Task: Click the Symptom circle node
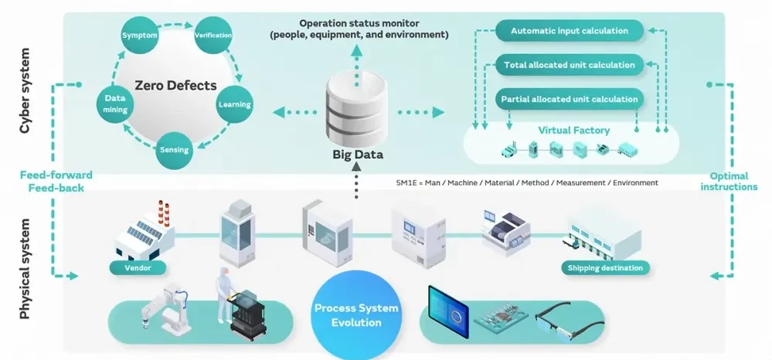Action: click(139, 36)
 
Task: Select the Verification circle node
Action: click(213, 36)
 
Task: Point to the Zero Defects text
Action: click(175, 86)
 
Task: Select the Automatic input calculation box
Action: click(568, 32)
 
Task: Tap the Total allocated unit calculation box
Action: click(568, 66)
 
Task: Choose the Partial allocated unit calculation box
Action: click(568, 99)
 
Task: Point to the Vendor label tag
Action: click(137, 268)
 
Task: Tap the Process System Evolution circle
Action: click(357, 314)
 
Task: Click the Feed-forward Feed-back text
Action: click(47, 181)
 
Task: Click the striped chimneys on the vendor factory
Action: click(163, 214)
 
